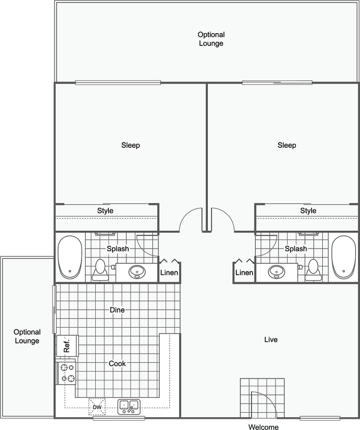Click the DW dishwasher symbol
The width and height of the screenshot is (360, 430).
pyautogui.click(x=97, y=407)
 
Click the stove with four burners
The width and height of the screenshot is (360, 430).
pyautogui.click(x=68, y=372)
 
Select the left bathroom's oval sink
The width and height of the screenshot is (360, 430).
pyautogui.click(x=136, y=272)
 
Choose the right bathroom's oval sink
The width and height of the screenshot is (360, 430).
pyautogui.click(x=276, y=272)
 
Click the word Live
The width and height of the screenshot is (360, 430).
pyautogui.click(x=271, y=339)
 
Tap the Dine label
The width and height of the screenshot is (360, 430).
pyautogui.click(x=117, y=310)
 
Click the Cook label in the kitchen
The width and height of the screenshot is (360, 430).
pyautogui.click(x=117, y=364)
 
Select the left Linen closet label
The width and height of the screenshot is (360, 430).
pyautogui.click(x=169, y=273)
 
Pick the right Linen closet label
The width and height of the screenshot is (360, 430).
pyautogui.click(x=244, y=273)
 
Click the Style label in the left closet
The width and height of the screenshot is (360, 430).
pyautogui.click(x=105, y=210)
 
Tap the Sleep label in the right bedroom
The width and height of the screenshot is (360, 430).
pyautogui.click(x=287, y=145)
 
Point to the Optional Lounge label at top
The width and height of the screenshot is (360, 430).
pyautogui.click(x=211, y=39)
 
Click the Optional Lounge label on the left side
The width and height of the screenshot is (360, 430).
pyautogui.click(x=27, y=336)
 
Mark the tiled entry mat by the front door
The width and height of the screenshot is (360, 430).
pyautogui.click(x=262, y=398)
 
